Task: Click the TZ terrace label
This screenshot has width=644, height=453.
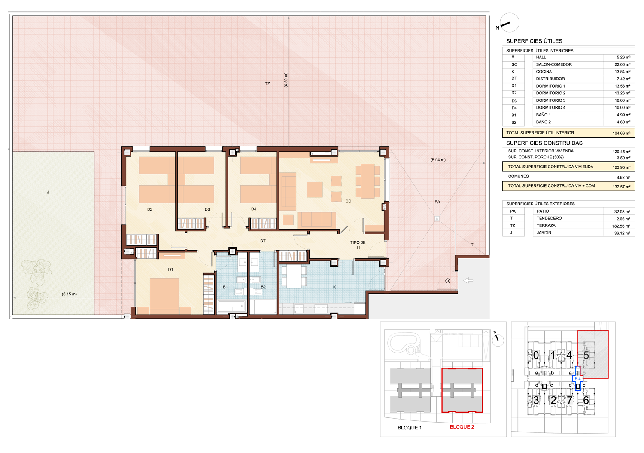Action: pos(267,84)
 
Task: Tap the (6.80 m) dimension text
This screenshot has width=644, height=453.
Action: pos(286,80)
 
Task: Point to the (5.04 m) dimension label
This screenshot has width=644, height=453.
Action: pos(438,160)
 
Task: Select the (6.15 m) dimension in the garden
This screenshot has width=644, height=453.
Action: pos(69,294)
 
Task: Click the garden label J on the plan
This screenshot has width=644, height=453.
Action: pos(48,192)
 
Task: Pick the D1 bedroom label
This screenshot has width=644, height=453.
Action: pos(170,270)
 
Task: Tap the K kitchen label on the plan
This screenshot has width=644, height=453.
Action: pos(334,287)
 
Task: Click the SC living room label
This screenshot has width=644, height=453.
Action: pos(349,201)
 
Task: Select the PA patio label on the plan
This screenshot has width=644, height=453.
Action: pos(437,202)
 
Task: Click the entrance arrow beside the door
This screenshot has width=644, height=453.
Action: pos(468,280)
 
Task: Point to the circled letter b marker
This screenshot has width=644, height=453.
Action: pos(447,281)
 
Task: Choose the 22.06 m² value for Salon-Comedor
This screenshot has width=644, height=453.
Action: pos(621,65)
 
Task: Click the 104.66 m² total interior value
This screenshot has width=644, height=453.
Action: pos(621,133)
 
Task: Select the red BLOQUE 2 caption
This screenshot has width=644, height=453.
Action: pos(462,427)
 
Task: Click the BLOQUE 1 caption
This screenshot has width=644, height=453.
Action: pos(410,428)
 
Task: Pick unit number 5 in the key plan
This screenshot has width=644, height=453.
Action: pos(586,355)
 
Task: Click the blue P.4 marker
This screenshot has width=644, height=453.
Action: pos(577,379)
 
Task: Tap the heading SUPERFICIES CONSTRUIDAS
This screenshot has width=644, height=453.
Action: pos(544,143)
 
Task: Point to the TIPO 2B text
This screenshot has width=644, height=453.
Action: pos(358,243)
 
